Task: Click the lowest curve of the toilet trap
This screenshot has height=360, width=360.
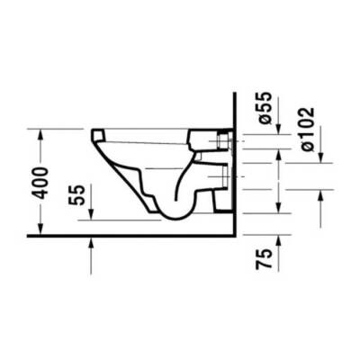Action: pos(171,216)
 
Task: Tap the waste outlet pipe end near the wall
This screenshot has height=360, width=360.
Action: pos(219,180)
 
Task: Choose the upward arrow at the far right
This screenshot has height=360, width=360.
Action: pos(321,195)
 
